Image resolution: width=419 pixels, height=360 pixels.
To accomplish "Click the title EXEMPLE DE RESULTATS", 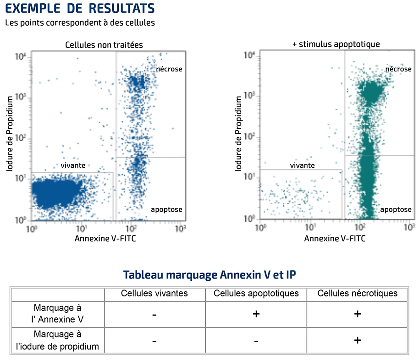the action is (80, 8).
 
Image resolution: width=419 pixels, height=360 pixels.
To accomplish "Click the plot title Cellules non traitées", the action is (104, 44).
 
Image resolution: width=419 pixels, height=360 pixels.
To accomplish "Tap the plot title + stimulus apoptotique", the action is (336, 44).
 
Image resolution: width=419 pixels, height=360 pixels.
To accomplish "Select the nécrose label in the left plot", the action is (169, 69).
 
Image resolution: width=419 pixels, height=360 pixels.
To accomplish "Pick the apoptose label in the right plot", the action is (396, 210).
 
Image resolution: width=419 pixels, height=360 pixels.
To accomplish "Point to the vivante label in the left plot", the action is (73, 165).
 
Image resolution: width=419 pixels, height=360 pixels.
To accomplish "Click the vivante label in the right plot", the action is (302, 165).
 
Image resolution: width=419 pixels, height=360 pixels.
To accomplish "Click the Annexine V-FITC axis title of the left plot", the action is (105, 238).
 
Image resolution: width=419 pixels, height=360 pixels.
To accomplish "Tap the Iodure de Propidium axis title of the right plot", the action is (238, 134).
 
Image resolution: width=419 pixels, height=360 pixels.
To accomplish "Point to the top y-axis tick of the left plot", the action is (21, 57).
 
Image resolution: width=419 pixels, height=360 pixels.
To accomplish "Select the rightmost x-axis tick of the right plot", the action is (409, 228).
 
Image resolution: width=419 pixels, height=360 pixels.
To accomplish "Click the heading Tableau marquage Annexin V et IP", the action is (209, 275).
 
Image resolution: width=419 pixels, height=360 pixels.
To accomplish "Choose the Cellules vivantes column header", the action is (154, 293).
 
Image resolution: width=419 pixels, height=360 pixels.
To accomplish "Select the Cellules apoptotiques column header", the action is (256, 293).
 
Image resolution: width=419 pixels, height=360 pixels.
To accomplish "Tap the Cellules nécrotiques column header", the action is (358, 293).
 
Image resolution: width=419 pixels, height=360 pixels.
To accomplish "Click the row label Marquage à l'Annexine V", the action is (57, 314).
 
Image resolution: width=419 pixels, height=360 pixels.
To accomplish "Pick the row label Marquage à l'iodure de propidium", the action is (57, 340).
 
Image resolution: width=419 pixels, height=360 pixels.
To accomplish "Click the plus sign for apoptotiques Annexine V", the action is (256, 314).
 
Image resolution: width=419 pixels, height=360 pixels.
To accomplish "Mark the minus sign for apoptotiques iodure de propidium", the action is (256, 341).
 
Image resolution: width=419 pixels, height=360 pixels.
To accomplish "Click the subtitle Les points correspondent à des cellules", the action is (80, 23).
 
